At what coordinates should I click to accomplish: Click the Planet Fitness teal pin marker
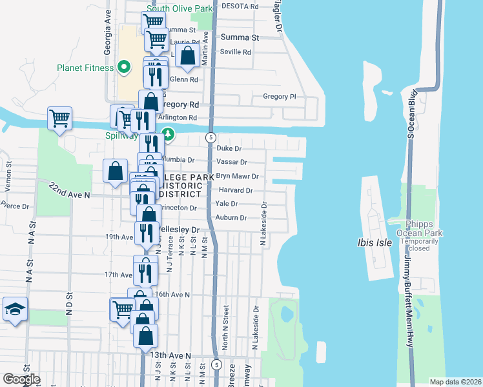tap(123, 66)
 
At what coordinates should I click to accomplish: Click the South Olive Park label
tap(179, 8)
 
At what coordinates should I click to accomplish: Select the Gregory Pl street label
tap(279, 97)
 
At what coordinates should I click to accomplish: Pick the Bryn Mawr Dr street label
tap(237, 176)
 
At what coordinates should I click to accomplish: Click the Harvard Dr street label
tap(235, 190)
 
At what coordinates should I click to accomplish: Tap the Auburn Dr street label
tap(231, 218)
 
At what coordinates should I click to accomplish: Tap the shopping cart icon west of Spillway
tap(59, 119)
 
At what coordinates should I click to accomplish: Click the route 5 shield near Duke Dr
tap(211, 137)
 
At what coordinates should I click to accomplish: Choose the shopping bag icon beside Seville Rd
tap(187, 55)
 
